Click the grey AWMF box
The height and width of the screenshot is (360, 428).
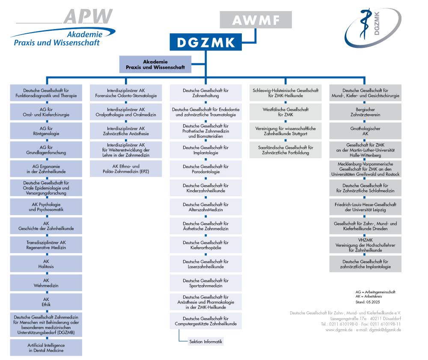pos(256,20)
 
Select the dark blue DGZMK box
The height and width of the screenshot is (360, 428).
pos(206,43)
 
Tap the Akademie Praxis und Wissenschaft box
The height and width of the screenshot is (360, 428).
pos(155,64)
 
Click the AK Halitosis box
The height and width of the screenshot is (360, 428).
pos(46,263)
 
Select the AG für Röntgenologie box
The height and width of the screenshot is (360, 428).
pos(46,131)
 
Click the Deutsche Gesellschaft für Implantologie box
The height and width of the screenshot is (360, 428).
pos(205,150)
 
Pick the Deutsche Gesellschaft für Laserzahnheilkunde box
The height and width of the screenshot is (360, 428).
pos(205,263)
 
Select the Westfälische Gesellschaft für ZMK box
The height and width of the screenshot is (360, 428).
pos(285,112)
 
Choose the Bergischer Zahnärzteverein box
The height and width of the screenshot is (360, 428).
pos(365,112)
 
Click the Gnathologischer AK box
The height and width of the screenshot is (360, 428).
pos(365,131)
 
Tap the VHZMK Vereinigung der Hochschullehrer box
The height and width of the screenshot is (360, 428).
pos(365,245)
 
